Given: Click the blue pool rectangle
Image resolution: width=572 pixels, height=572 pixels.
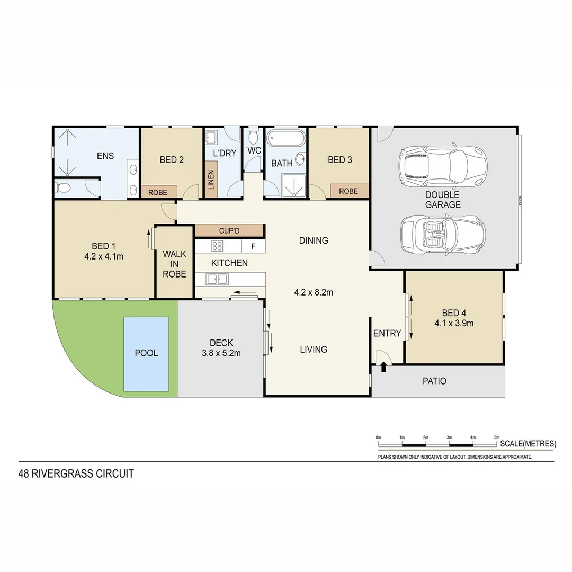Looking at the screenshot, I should pos(146,353).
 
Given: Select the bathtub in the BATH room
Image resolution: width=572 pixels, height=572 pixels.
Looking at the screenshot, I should pos(285,139).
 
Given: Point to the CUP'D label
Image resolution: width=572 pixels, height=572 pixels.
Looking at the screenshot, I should pos(229,231).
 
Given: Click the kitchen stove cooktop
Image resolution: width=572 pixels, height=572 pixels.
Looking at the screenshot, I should pos(218,246).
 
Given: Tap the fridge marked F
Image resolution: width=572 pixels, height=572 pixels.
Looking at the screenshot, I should pos(253,246).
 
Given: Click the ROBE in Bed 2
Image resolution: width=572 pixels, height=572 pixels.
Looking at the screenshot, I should pos(158,192).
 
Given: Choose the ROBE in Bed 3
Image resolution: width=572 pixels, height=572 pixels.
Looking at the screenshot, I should pos(348,191).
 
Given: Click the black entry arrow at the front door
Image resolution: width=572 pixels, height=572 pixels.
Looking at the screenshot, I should pos(383,367).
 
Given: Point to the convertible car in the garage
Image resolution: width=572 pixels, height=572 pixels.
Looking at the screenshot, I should pos(443,234).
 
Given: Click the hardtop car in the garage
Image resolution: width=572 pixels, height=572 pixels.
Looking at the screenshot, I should pos(444,164).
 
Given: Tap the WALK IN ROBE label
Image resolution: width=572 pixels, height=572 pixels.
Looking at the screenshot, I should pos(174,264).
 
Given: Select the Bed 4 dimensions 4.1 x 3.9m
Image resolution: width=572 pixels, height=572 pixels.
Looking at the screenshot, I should pos(454,323).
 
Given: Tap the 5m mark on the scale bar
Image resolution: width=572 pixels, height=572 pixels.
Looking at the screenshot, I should pos(496,442).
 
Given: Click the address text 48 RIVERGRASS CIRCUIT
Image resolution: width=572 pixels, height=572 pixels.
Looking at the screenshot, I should pos(76,473).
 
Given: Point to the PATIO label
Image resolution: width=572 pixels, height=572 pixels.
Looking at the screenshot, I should pos(434,381).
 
